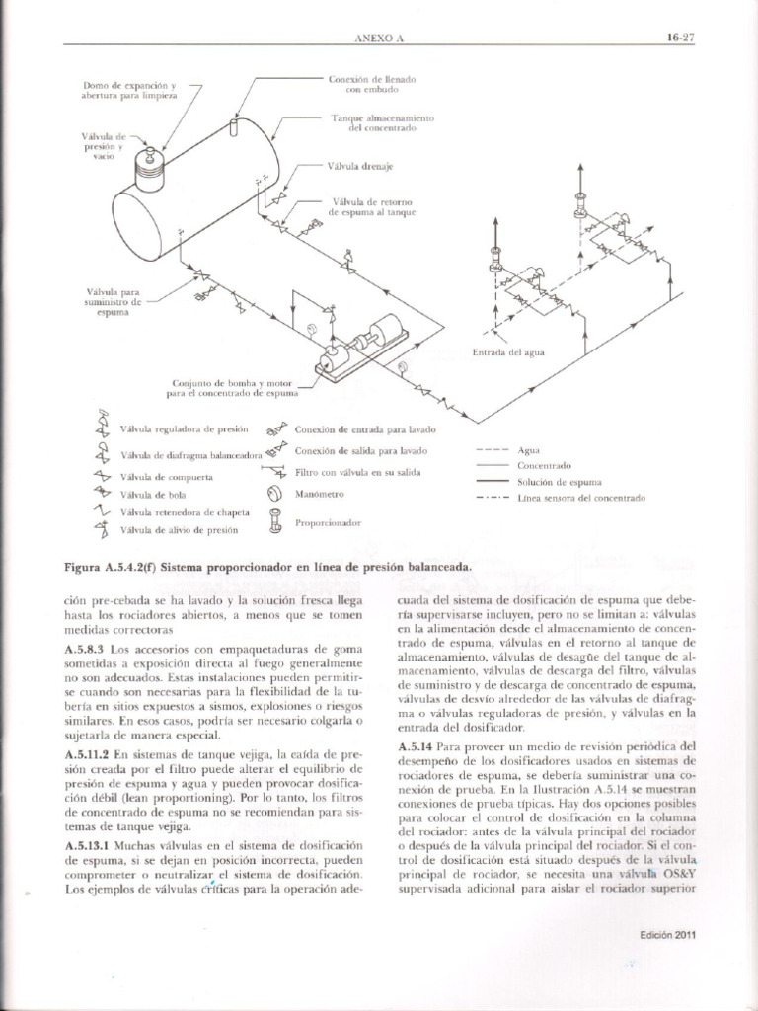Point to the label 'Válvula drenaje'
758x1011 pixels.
[x=359, y=167]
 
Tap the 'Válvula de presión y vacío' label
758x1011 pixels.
[x=102, y=145]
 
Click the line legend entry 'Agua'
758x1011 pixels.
[x=528, y=449]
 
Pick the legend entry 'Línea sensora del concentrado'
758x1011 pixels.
[x=580, y=498]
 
